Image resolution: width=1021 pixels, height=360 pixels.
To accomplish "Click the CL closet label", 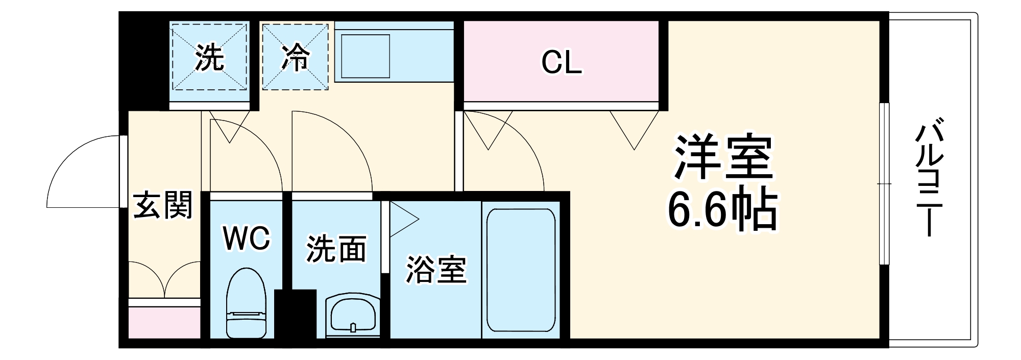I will (561, 63).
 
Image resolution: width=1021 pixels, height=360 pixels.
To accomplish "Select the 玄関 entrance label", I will (163, 205).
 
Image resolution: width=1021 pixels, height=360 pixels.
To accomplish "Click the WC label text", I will (246, 238).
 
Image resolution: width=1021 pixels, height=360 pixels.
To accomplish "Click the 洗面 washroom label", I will (336, 249).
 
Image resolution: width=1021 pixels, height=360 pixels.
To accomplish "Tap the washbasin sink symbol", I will (353, 315).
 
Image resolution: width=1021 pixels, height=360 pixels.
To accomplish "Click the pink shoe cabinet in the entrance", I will (164, 322).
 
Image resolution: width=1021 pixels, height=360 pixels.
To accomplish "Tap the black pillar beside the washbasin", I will (295, 314).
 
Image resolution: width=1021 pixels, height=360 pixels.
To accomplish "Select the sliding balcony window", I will (884, 184).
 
